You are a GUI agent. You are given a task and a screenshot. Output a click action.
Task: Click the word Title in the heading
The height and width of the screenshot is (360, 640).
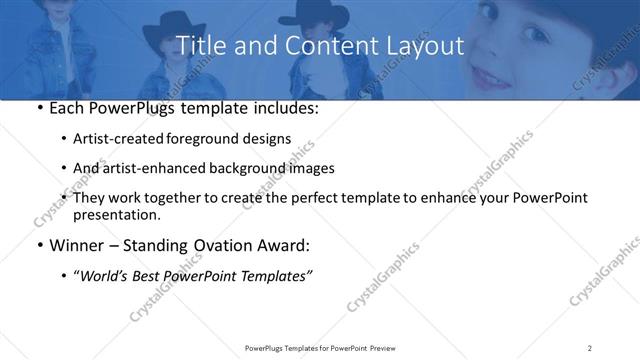[x=199, y=46]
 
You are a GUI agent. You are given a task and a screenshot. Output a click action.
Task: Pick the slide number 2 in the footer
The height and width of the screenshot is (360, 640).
[x=590, y=348]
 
